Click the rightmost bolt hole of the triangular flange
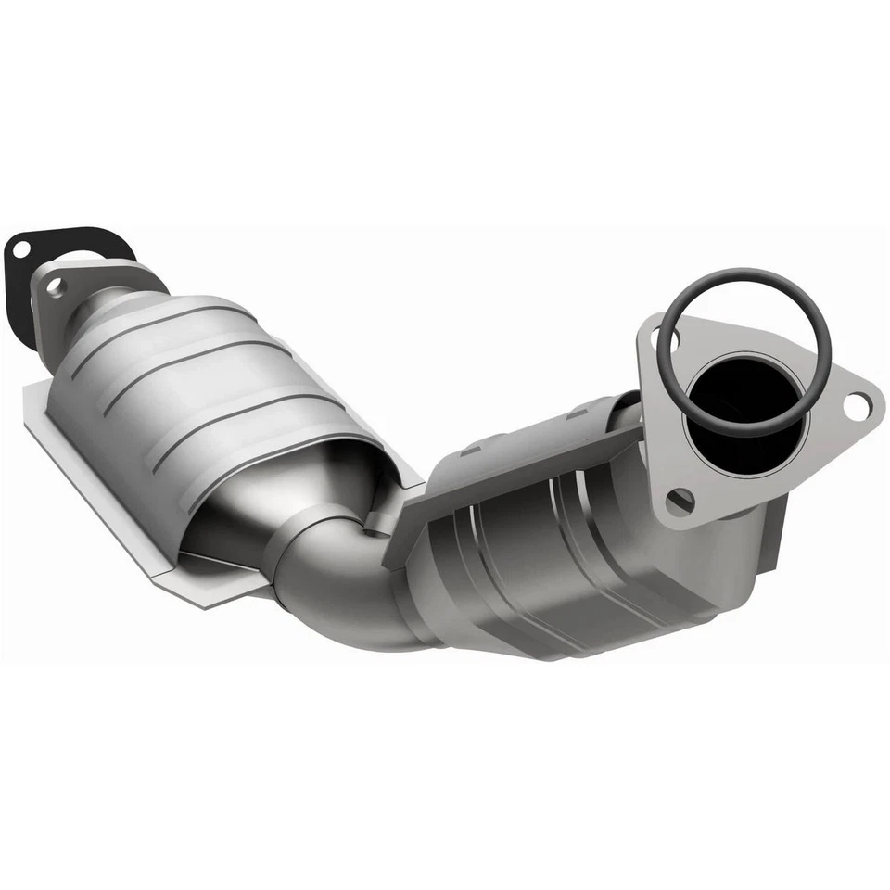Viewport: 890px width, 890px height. (x=858, y=403)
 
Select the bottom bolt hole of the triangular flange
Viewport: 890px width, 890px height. (x=679, y=501)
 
